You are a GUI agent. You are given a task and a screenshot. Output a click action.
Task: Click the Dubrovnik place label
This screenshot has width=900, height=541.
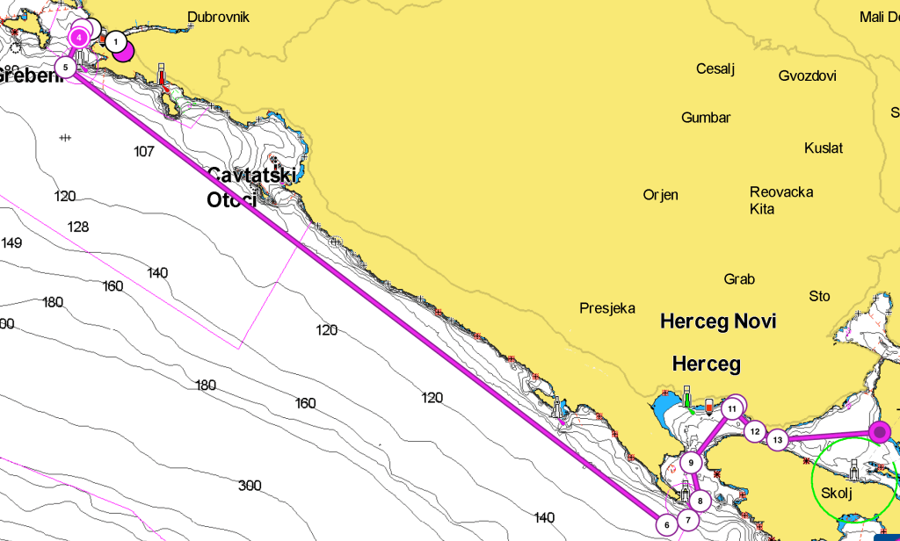(218, 17)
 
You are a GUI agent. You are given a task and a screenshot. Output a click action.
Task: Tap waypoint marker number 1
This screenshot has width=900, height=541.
(115, 42)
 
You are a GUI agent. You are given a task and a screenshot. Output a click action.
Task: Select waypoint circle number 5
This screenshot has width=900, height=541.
(65, 67)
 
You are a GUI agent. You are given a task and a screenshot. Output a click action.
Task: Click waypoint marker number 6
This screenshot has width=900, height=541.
(666, 524)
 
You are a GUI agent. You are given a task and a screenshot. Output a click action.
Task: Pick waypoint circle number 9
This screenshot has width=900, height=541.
(692, 463)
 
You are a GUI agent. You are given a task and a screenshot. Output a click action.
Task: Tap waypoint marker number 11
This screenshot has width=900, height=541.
(732, 409)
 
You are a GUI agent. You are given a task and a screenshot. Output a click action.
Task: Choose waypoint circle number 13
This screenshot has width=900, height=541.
(777, 439)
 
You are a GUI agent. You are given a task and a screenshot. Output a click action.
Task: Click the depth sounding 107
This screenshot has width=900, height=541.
(144, 152)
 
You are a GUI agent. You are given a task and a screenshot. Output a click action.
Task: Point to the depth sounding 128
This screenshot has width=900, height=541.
(78, 227)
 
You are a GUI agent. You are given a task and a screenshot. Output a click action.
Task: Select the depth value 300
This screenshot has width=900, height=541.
(250, 486)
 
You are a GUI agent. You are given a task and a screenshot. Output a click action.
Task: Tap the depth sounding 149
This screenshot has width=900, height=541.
(11, 243)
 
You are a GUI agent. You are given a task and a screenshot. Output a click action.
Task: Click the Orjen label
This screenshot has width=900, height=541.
(660, 195)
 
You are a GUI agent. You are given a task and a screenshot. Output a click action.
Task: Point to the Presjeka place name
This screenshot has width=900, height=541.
(607, 308)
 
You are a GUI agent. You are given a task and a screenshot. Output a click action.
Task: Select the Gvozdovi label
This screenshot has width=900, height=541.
(807, 76)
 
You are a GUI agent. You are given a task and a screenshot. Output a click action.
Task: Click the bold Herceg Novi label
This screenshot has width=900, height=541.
(718, 322)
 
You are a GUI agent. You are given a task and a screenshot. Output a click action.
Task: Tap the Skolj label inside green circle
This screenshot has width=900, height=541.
(836, 493)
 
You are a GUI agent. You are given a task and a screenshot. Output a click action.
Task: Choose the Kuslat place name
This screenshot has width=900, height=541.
(824, 148)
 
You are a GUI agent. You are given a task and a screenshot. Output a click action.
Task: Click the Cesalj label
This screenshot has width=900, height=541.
(715, 69)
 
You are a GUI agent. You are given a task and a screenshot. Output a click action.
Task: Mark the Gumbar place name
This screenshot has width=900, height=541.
(706, 118)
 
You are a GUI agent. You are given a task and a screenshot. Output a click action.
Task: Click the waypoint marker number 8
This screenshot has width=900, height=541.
(700, 501)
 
